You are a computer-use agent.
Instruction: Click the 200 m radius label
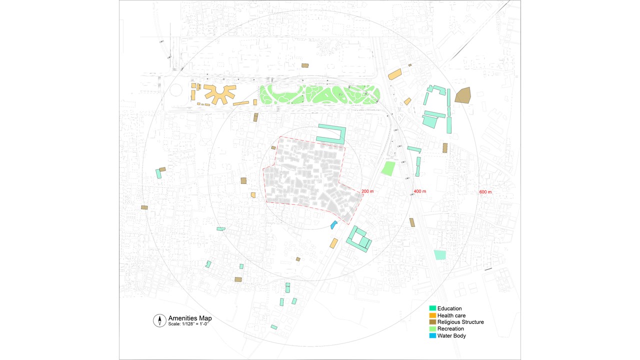click(367, 191)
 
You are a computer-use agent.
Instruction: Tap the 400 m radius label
click(419, 192)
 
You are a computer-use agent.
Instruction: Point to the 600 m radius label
click(485, 192)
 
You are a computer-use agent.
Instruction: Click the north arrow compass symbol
click(159, 320)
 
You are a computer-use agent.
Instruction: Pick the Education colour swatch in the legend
click(432, 308)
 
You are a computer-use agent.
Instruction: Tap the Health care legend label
click(451, 315)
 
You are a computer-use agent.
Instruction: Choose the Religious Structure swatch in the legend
click(432, 322)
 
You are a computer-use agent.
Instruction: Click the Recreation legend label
click(450, 329)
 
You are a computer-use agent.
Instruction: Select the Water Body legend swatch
click(432, 335)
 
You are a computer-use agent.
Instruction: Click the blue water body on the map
click(333, 225)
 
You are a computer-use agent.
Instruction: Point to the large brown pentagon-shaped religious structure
click(462, 95)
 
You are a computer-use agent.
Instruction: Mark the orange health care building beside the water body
click(333, 243)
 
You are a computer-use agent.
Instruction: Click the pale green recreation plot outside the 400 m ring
click(439, 254)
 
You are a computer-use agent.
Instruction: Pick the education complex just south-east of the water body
click(359, 239)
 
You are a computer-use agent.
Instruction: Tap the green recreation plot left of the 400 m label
click(388, 168)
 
